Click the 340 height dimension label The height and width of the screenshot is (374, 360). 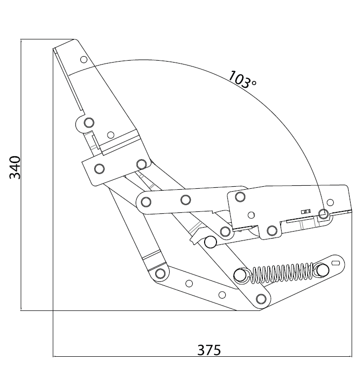coord(15,167)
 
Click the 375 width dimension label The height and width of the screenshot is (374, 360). coord(209,350)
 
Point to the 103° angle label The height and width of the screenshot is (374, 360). coord(242,79)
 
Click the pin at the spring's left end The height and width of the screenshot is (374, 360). coord(240,275)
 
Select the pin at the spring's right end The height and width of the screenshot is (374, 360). coord(323,270)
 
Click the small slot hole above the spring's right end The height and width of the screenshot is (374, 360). coord(336,263)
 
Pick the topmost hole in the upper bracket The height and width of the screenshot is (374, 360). coord(84,60)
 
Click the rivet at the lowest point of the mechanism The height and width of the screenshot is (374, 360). coord(261,299)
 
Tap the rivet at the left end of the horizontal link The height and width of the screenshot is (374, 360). coord(146,202)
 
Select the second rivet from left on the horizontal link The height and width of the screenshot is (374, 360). coord(185,200)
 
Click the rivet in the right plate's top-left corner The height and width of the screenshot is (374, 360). coord(240,197)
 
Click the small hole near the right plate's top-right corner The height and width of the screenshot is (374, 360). coord(330,203)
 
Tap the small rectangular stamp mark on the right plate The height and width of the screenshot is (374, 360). coord(306,211)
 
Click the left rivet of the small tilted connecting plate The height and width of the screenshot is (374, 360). coord(99,169)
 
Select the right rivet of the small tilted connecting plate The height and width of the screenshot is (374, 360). coord(142,165)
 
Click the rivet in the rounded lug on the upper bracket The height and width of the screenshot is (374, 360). coord(89,123)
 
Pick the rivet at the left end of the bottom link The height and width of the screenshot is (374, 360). coord(160,273)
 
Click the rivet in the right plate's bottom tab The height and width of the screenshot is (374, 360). coord(272,231)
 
